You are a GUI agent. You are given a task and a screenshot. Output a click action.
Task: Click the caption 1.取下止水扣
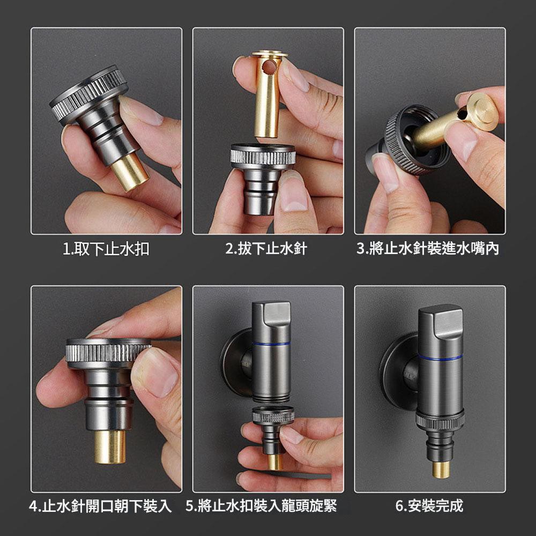106,249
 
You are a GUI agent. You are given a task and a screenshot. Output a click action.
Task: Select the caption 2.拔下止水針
266,249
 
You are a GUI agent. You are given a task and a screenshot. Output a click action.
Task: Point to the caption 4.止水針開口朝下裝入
100,506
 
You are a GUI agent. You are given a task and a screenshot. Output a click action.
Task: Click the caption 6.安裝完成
429,506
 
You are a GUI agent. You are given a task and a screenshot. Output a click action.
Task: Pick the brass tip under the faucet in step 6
441,470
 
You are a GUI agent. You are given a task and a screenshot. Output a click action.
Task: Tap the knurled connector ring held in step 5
273,415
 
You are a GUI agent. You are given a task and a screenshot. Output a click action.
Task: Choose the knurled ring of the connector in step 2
263,155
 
